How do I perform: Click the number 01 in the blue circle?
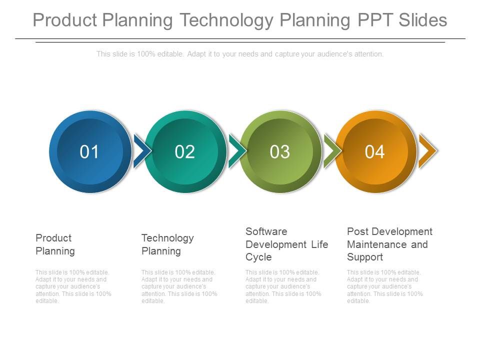[x=89, y=152]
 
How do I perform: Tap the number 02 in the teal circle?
[x=184, y=152]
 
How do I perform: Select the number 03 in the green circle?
[x=279, y=152]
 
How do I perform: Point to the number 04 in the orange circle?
[x=374, y=152]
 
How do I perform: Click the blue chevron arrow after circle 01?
[x=142, y=150]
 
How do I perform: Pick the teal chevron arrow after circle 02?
[x=237, y=150]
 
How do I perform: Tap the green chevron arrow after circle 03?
[x=332, y=150]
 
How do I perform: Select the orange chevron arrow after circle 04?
[x=427, y=150]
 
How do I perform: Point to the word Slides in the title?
[x=423, y=20]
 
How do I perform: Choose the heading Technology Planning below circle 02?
[x=167, y=244]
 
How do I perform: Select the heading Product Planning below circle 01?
[x=55, y=244]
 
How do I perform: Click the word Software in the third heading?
[x=266, y=231]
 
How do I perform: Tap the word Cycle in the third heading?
[x=258, y=257]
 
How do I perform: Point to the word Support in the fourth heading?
[x=365, y=257]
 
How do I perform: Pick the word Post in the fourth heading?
[x=356, y=231]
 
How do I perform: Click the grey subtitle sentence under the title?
[x=240, y=54]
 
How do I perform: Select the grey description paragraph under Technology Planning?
[x=179, y=286]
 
